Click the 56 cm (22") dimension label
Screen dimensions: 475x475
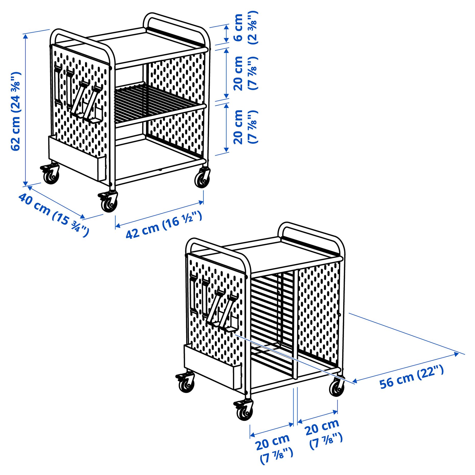[x=411, y=377]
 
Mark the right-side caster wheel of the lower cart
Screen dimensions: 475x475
[x=337, y=388]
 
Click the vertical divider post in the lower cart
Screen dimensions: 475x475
[x=295, y=324]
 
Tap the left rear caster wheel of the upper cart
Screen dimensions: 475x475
[x=51, y=175]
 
